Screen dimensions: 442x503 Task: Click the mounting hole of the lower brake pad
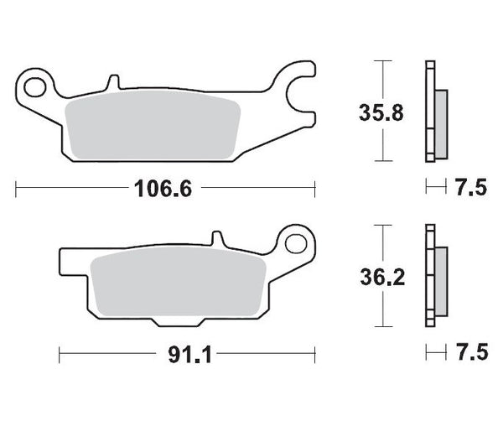pos(294,243)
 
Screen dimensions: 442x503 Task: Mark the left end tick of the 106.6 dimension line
pos(16,189)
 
